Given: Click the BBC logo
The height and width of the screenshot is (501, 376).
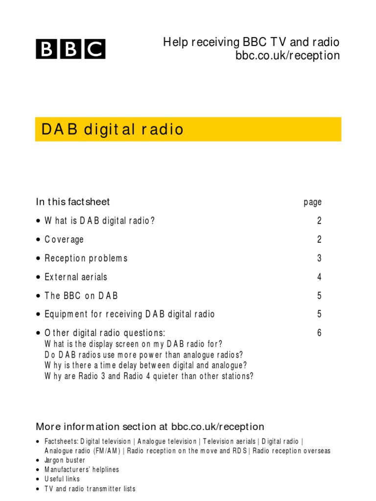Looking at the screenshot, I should tap(70, 49).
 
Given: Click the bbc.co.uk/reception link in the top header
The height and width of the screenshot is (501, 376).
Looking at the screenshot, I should tap(287, 56).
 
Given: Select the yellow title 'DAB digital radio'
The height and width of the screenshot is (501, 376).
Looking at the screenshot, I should tap(113, 130).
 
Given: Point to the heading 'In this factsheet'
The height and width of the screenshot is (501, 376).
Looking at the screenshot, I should tap(73, 202).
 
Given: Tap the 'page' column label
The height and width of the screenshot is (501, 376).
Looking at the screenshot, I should tap(312, 202).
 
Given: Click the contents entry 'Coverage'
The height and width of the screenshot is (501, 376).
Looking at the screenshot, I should tap(64, 239).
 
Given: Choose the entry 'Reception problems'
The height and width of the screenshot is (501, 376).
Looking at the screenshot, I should tap(86, 258).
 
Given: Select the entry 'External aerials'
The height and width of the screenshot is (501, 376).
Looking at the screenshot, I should tap(76, 277).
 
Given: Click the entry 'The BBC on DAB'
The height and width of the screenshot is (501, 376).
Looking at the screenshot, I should tap(81, 296).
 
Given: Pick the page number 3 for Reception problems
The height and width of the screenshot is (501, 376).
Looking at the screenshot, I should tap(319, 258).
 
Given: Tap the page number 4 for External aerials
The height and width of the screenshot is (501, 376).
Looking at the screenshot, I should tap(319, 277).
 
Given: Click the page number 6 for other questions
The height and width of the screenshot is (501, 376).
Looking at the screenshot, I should tap(319, 333).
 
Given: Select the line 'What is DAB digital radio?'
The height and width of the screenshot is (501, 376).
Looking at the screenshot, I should tap(100, 221).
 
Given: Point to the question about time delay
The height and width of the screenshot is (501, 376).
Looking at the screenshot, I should tap(145, 365).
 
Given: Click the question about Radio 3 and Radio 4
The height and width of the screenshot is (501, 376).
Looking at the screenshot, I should tap(149, 376).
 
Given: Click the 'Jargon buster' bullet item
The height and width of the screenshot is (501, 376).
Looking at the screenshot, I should tap(65, 460).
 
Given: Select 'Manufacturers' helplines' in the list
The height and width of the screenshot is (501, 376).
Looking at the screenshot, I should tap(82, 470).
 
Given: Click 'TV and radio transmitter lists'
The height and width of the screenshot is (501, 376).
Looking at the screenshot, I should tap(90, 489).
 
